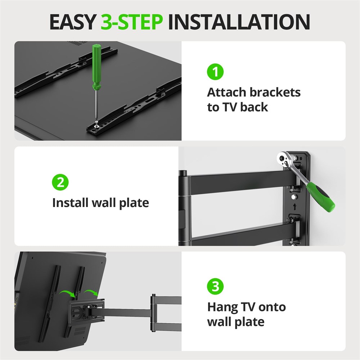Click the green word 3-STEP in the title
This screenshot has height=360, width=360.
point(131,22)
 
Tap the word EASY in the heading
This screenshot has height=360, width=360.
point(73,22)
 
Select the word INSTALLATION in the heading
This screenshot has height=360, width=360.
point(239,22)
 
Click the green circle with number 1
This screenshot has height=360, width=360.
point(215,72)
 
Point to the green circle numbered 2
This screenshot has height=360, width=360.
point(60,182)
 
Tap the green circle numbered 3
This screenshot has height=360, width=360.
point(215,286)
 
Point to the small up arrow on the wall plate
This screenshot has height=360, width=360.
point(295,207)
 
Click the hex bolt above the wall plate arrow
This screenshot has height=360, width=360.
point(294,197)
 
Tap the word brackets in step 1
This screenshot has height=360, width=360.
point(275,92)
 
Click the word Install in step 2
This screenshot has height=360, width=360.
point(70,203)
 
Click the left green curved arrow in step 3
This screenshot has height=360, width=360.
point(67,293)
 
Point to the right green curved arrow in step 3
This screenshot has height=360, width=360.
point(91,292)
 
